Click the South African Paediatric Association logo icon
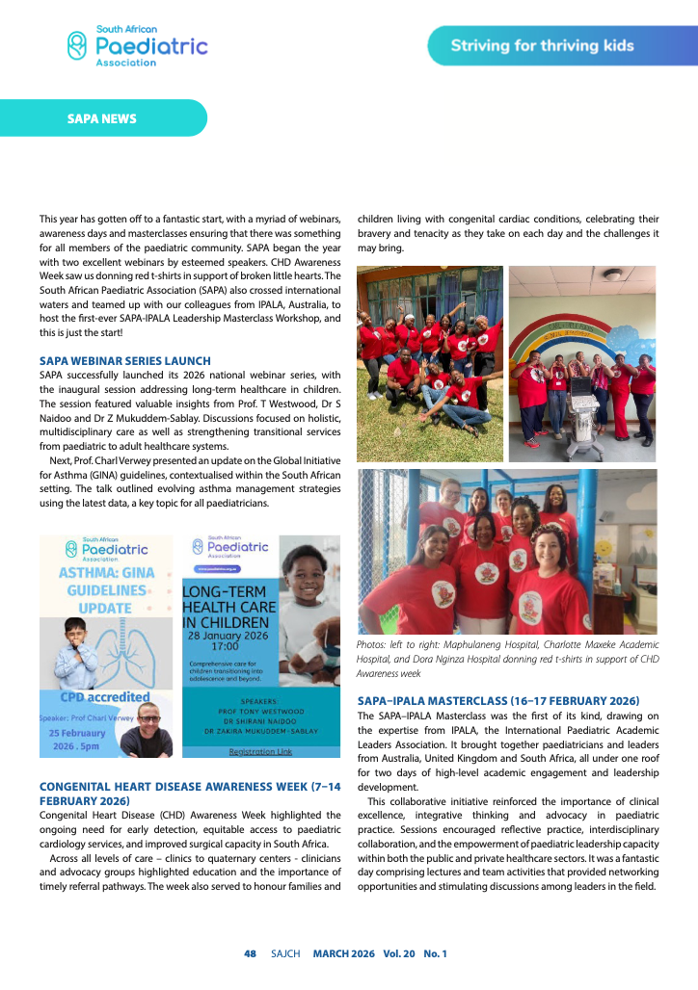tap(77, 44)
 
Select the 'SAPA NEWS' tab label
tap(101, 119)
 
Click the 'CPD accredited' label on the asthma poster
tap(106, 697)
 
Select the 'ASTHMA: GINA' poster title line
tap(106, 572)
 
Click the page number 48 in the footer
tap(250, 953)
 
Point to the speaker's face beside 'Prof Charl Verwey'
tap(148, 719)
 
